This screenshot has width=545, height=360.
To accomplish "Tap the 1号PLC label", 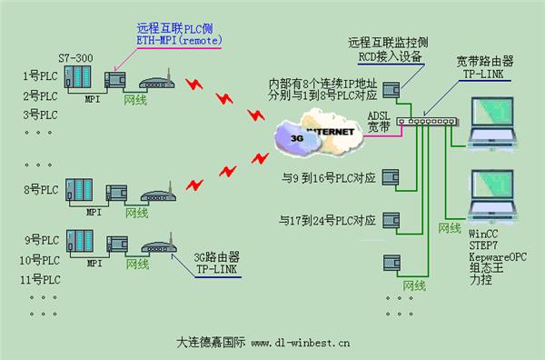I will tap(38, 77).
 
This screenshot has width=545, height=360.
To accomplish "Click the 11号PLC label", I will tap(41, 278).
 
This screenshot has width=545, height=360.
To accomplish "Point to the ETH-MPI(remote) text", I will tap(179, 41).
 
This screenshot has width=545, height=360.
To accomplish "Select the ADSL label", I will tap(379, 115).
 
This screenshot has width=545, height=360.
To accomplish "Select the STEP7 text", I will tap(477, 233).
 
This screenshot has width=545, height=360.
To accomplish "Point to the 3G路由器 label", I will tap(217, 257).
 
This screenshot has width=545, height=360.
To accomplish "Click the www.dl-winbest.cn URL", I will tap(301, 345).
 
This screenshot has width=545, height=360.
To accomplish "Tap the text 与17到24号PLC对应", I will tap(328, 220).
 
